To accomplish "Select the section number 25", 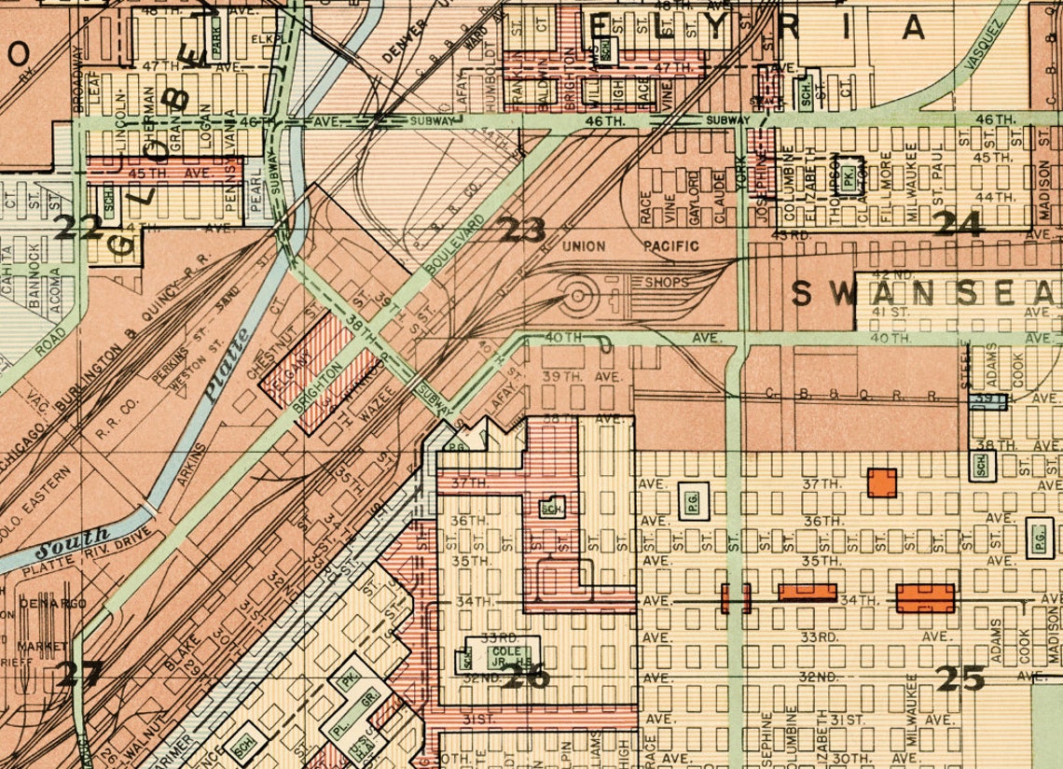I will pyautogui.click(x=960, y=678).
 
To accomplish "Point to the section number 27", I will pyautogui.click(x=78, y=673).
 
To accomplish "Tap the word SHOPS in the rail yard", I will pyautogui.click(x=665, y=282).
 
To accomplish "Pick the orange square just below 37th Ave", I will pyautogui.click(x=881, y=482).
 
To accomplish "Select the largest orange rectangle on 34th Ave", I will pyautogui.click(x=925, y=598).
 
